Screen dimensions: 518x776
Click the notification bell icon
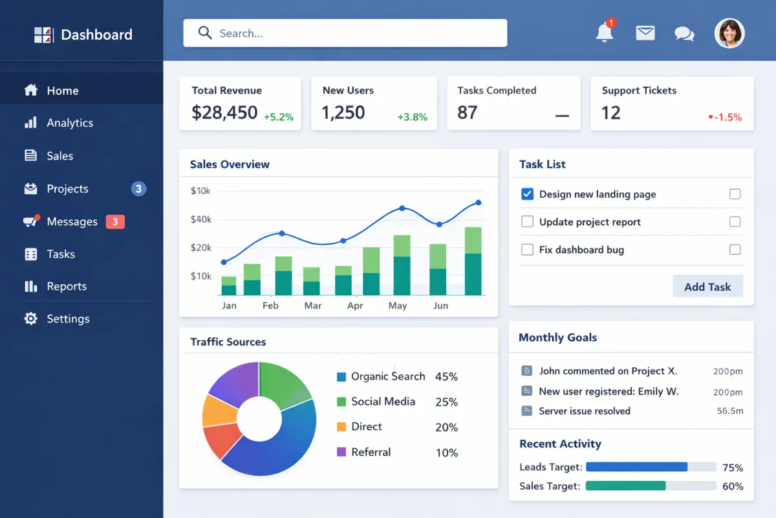(x=604, y=32)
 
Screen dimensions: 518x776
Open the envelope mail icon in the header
(x=645, y=33)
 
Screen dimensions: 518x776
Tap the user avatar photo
(x=729, y=33)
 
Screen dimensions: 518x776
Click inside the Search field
(x=345, y=33)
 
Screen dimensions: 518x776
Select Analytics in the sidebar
(x=70, y=123)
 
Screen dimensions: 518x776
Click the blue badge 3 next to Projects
(x=138, y=189)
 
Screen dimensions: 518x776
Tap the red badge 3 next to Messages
(x=115, y=222)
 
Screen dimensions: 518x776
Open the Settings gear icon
(x=30, y=319)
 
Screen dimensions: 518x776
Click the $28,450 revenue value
(x=224, y=113)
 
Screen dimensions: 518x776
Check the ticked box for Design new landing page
(x=527, y=194)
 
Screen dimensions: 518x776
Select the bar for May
(x=402, y=265)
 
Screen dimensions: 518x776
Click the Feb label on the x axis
(x=270, y=306)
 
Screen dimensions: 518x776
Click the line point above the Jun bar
(x=439, y=225)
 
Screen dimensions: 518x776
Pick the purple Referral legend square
(x=341, y=452)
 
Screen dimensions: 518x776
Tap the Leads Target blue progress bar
(x=636, y=467)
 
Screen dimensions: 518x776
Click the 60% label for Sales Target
(x=732, y=486)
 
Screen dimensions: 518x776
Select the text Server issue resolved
(x=584, y=411)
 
